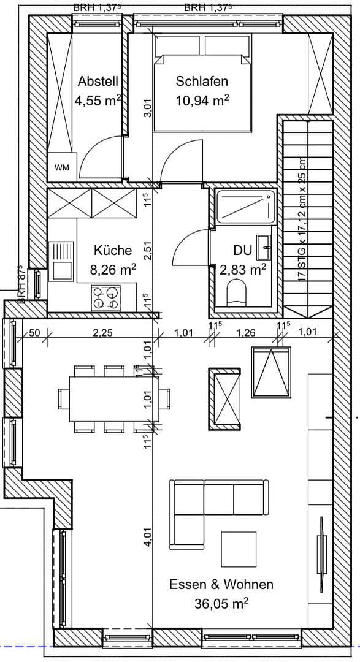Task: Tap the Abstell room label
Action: (x=98, y=81)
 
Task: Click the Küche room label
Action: (x=113, y=250)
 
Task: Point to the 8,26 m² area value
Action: (x=113, y=268)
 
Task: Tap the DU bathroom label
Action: (x=242, y=250)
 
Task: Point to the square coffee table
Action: (x=239, y=549)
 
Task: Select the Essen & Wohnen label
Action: (x=221, y=584)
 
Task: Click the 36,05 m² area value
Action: (x=221, y=604)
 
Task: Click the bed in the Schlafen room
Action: (x=202, y=86)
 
